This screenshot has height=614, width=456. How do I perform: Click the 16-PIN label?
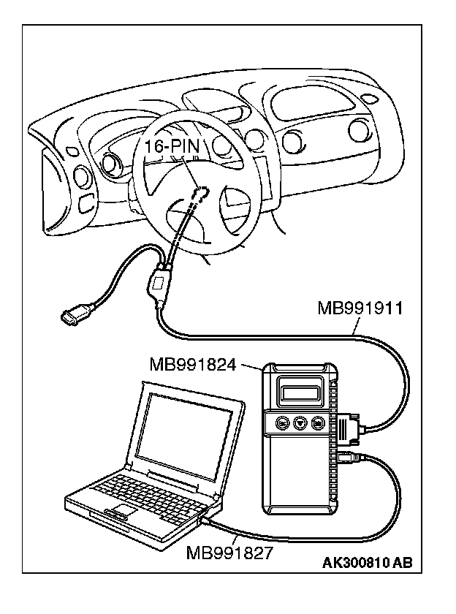pos(171,146)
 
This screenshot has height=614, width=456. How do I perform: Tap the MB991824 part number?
pos(192,363)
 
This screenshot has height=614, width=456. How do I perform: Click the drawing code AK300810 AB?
pos(367,563)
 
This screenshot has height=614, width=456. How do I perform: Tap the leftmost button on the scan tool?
pos(281,422)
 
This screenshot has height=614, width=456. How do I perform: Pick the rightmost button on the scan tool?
pos(317,422)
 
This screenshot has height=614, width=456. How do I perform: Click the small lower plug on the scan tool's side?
pos(346,458)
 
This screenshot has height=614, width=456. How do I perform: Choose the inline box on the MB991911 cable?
pos(159,282)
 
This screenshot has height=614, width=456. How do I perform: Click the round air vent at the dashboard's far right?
pos(360,130)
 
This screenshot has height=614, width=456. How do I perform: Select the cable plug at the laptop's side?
pos(205,522)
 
